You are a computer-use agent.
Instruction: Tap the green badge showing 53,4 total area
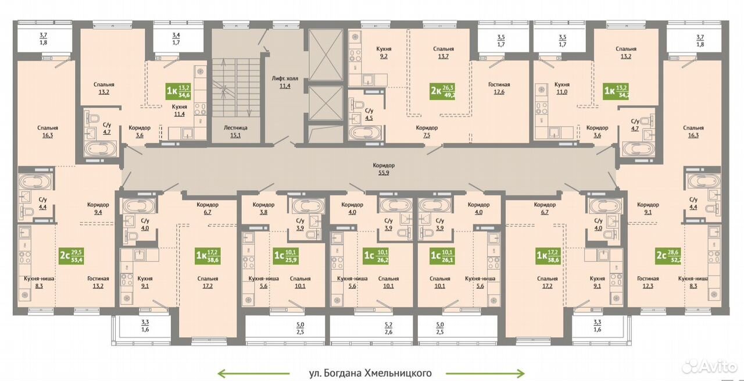click(x=71, y=255)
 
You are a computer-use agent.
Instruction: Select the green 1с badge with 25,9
click(x=285, y=255)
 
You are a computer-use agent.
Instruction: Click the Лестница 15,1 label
click(x=235, y=131)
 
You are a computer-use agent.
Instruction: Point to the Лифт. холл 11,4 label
click(x=285, y=82)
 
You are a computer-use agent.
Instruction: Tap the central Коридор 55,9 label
click(x=384, y=169)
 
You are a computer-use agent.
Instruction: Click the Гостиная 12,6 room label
click(x=499, y=88)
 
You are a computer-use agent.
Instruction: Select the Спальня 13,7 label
click(x=443, y=52)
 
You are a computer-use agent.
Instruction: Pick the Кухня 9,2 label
click(x=384, y=52)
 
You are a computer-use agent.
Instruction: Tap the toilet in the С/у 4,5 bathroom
click(x=357, y=104)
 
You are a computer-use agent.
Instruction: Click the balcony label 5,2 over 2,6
click(x=388, y=328)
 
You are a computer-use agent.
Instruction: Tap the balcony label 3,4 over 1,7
click(x=176, y=38)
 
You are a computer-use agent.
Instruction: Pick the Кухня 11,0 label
click(x=561, y=88)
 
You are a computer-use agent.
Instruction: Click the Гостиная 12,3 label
click(x=648, y=282)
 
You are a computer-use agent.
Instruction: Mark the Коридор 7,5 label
click(x=427, y=131)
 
